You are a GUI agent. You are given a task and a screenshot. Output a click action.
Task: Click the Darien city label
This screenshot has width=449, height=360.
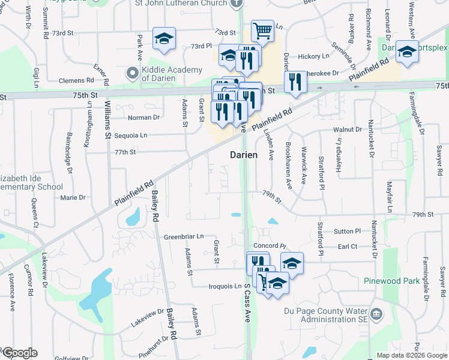point(244,155)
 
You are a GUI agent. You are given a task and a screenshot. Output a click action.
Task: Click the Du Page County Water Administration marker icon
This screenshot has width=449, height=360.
point(376,314)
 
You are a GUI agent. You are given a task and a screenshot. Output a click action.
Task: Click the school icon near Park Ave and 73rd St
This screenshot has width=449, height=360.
point(163,39)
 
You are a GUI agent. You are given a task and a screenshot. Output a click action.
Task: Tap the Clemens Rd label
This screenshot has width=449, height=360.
point(77,80)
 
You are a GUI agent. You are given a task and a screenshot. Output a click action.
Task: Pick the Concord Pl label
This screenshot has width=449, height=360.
point(270,246)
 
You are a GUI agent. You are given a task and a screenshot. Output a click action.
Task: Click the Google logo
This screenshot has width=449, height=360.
point(19,353)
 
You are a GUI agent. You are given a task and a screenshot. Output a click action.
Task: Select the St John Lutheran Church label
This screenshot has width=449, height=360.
point(189,4)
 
